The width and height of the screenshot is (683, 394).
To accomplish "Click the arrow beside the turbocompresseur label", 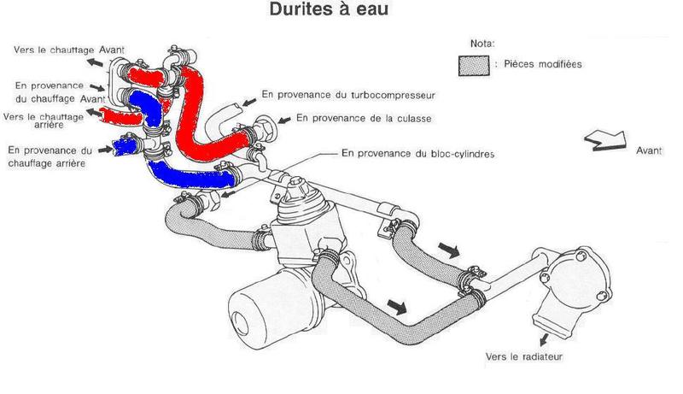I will [x=248, y=102].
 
